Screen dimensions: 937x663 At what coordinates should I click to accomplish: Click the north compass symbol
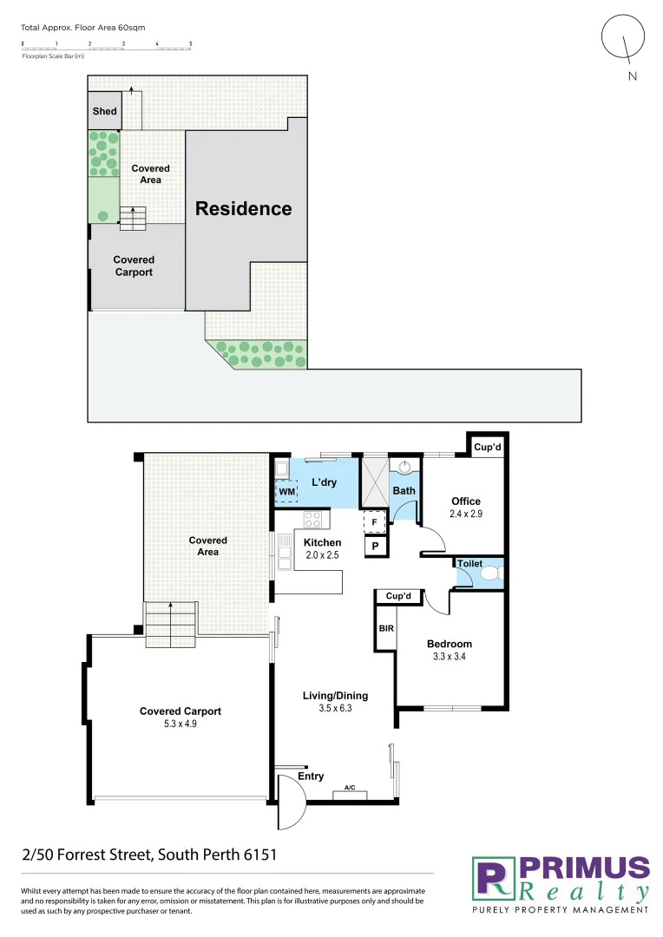click(x=624, y=40)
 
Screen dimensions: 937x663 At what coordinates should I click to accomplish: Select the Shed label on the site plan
click(x=105, y=111)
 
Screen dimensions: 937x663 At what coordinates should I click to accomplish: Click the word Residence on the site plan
click(x=243, y=208)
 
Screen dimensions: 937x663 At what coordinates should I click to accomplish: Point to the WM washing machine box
click(x=286, y=492)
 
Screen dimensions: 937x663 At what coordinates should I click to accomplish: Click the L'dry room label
click(x=324, y=482)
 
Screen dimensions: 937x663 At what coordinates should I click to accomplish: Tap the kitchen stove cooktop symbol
click(x=312, y=520)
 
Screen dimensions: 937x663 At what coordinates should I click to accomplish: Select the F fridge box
click(x=374, y=522)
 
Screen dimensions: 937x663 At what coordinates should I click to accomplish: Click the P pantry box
click(x=374, y=547)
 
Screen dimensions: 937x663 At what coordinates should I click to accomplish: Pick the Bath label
click(x=404, y=490)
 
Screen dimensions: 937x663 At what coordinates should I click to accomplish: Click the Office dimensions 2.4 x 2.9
click(x=465, y=514)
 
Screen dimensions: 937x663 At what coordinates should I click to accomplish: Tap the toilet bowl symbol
click(x=490, y=573)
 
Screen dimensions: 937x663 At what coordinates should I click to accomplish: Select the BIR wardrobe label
click(x=385, y=627)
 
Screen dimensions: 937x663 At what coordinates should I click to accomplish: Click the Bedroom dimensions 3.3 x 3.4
click(x=449, y=657)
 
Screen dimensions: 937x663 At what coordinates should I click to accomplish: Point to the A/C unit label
click(x=350, y=788)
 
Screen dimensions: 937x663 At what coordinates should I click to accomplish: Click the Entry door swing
click(x=291, y=802)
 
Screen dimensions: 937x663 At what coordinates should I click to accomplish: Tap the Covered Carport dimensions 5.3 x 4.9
click(x=181, y=724)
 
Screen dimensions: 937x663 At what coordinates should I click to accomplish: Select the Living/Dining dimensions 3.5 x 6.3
click(x=335, y=708)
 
